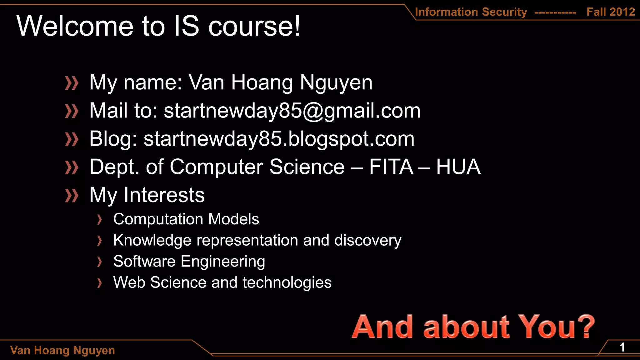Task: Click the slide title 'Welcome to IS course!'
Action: coord(158,26)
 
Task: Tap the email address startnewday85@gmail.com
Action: coord(292,111)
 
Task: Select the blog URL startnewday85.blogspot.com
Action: coord(279,139)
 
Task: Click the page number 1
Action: coord(622,347)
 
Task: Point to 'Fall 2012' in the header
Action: coord(611,12)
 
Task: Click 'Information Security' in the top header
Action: coord(471,12)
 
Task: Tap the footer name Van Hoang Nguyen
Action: coord(62,350)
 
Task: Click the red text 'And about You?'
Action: coord(473,327)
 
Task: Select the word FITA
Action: coord(391,167)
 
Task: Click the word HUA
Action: coord(458,167)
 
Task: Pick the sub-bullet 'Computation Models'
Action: coord(186,219)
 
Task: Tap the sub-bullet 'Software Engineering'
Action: coord(189,261)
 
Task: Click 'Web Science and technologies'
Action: coord(222,282)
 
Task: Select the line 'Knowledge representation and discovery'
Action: coord(257,240)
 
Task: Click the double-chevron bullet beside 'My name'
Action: coord(72,83)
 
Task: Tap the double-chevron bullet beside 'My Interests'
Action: coord(72,196)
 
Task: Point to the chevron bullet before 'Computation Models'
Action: coord(99,220)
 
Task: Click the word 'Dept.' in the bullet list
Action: coord(114,167)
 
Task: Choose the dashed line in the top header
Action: coord(555,13)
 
